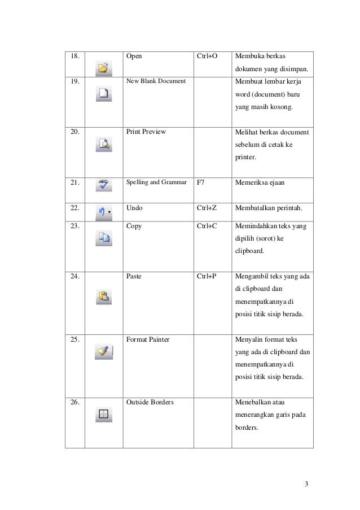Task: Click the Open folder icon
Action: click(104, 69)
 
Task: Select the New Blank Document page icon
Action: click(104, 94)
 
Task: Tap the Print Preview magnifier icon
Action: click(104, 144)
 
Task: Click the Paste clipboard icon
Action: click(104, 295)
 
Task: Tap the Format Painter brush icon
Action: click(104, 352)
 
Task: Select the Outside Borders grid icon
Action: click(104, 414)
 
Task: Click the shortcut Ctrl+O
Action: click(207, 56)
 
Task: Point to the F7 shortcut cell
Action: click(201, 183)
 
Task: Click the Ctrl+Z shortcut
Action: click(207, 208)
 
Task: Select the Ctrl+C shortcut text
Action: click(207, 226)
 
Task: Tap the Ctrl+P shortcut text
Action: click(207, 277)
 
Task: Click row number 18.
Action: click(74, 56)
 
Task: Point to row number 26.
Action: click(74, 402)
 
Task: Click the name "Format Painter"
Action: click(148, 340)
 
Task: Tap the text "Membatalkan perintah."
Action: click(269, 208)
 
